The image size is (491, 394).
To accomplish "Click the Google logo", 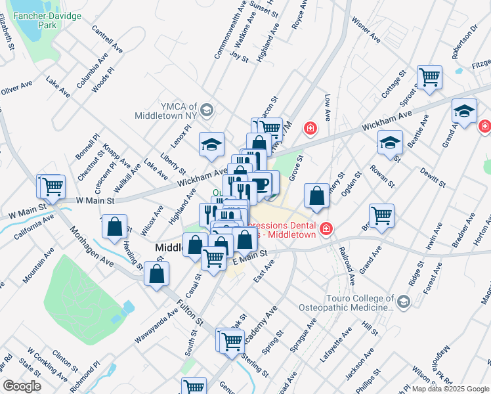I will pyautogui.click(x=21, y=386).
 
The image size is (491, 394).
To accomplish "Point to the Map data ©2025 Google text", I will pyautogui.click(x=450, y=389).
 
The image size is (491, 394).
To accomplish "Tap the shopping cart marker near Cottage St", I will pyautogui.click(x=429, y=76).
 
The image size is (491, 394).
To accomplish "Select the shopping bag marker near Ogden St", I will pyautogui.click(x=316, y=196).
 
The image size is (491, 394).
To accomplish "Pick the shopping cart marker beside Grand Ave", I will pyautogui.click(x=381, y=215).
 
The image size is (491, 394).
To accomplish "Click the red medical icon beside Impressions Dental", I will pyautogui.click(x=326, y=230).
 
